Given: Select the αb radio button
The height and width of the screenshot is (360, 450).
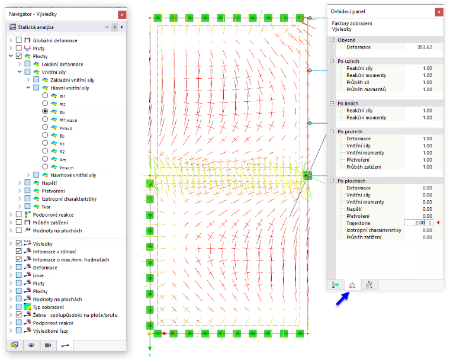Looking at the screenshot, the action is (x=45, y=111).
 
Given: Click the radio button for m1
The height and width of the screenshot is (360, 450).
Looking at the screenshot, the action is (x=45, y=95).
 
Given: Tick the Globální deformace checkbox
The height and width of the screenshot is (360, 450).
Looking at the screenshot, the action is (x=19, y=40).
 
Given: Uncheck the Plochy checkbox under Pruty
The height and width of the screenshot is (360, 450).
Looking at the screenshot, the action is (x=19, y=56).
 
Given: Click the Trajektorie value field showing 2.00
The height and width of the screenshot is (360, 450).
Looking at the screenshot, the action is (x=419, y=223).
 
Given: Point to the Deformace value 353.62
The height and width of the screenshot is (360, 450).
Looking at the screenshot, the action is (x=425, y=47).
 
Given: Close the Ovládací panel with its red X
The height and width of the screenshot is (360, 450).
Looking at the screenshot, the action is (x=439, y=12).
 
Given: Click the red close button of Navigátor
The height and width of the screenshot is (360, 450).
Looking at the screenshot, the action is (x=122, y=14).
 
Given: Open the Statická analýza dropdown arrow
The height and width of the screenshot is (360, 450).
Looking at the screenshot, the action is (x=107, y=27).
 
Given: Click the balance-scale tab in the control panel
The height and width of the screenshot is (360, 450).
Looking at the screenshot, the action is (x=352, y=285).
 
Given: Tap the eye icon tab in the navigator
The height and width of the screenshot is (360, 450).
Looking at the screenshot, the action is (x=31, y=345).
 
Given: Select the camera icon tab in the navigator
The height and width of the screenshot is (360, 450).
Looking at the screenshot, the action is (x=48, y=345).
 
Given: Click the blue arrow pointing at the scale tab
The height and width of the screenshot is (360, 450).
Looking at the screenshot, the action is (x=343, y=298).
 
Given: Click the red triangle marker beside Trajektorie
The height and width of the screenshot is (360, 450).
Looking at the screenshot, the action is (x=438, y=223).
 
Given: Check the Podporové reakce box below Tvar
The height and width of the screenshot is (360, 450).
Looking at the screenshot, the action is (x=19, y=214).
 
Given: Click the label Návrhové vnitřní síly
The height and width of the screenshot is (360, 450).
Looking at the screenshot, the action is (x=73, y=175).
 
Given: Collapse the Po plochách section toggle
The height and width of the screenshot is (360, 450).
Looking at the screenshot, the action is (x=332, y=181).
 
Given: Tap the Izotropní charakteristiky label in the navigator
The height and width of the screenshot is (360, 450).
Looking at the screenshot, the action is (x=69, y=199).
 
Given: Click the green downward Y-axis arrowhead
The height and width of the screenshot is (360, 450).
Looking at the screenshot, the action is (x=150, y=349).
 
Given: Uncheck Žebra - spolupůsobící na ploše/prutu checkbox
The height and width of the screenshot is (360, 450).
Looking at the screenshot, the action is (x=19, y=314).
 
